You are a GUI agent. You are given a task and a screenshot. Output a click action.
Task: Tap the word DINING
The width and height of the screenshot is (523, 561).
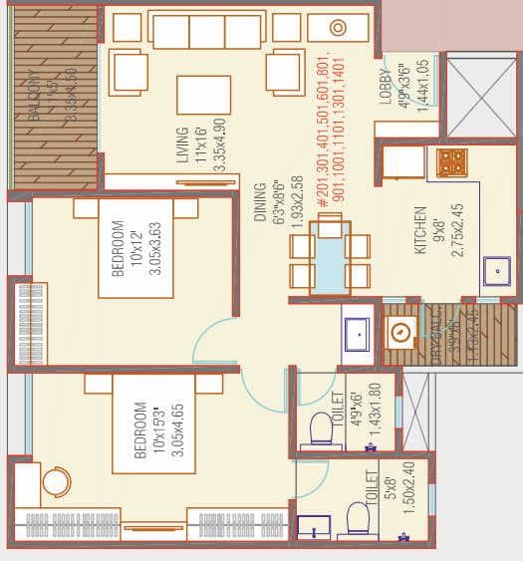(260, 203)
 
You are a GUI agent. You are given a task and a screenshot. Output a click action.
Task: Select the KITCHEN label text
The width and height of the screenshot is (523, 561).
(420, 231)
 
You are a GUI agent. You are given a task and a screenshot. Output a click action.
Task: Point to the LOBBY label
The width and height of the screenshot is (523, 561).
(386, 89)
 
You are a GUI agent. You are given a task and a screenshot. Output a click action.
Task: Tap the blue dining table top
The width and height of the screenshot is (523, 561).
(329, 259)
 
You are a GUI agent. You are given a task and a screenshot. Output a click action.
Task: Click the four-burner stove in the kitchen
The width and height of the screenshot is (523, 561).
(452, 162)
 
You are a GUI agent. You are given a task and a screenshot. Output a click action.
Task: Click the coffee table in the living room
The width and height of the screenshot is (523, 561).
(203, 96)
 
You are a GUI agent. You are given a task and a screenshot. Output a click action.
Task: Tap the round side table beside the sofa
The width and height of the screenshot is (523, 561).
(337, 28)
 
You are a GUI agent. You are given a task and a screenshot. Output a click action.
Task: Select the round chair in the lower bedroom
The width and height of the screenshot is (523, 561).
(57, 483)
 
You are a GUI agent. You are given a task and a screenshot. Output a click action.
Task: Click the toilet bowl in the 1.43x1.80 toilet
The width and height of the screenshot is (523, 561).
(320, 428)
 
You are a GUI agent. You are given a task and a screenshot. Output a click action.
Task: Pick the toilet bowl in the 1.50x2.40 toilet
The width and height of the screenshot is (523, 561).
(357, 518)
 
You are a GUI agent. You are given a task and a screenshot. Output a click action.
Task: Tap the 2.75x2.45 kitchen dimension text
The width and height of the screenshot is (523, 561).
(457, 231)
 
